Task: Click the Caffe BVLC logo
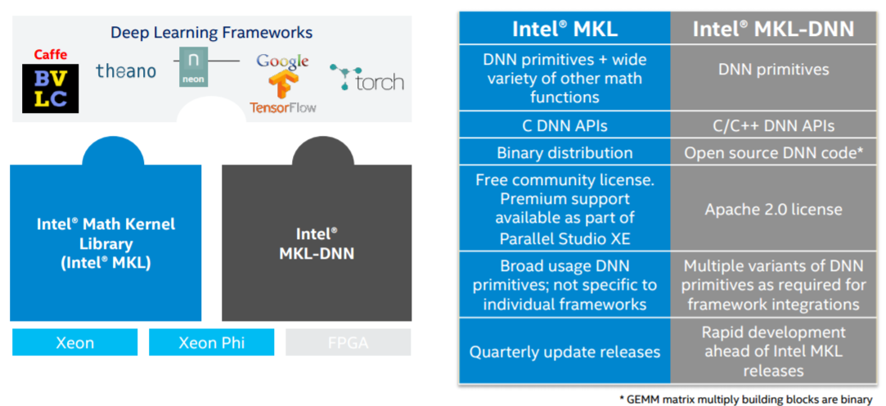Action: pyautogui.click(x=51, y=81)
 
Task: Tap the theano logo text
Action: pyautogui.click(x=125, y=71)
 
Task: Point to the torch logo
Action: pyautogui.click(x=367, y=79)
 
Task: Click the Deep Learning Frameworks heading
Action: pyautogui.click(x=212, y=33)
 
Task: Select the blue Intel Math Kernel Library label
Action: pyautogui.click(x=106, y=243)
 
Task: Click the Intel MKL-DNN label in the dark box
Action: pyautogui.click(x=317, y=243)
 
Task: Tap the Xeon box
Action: pyautogui.click(x=74, y=342)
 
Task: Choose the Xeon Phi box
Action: pyautogui.click(x=212, y=342)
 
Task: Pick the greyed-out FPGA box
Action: pyautogui.click(x=348, y=342)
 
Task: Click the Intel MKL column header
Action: pyautogui.click(x=564, y=29)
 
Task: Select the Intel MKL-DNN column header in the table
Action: pyautogui.click(x=773, y=29)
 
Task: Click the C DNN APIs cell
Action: pyautogui.click(x=564, y=126)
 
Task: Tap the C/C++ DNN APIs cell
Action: pyautogui.click(x=773, y=126)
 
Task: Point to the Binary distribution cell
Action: pyautogui.click(x=564, y=153)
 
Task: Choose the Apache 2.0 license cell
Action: pyautogui.click(x=773, y=210)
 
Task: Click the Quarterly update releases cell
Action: pyautogui.click(x=564, y=352)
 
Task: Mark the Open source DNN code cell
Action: pyautogui.click(x=773, y=153)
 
